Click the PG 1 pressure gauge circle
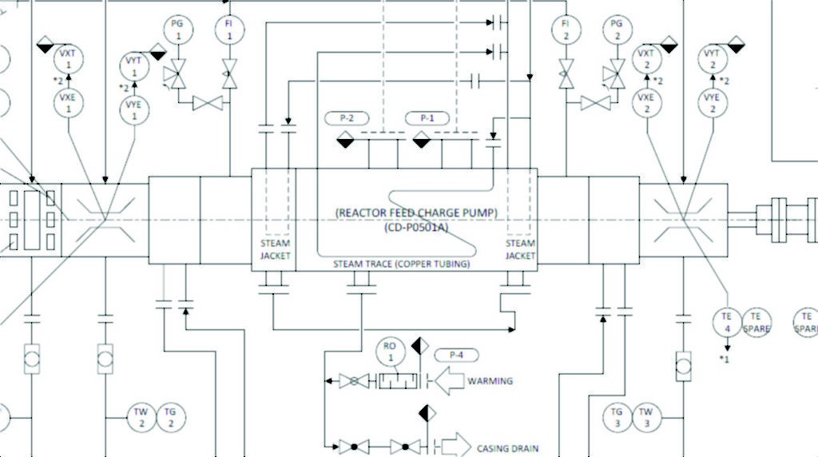click(177, 30)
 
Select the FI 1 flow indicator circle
click(228, 30)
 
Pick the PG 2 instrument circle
click(616, 30)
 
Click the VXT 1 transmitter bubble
click(68, 58)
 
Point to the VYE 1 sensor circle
click(134, 109)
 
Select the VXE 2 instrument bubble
click(646, 103)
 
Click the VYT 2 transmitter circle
click(713, 58)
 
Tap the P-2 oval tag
click(347, 118)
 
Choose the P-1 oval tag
click(427, 118)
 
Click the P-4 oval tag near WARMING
click(456, 355)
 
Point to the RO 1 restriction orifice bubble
click(390, 352)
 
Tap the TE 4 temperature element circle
click(727, 323)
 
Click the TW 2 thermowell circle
click(141, 417)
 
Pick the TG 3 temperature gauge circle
click(617, 417)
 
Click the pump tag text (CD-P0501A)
click(415, 227)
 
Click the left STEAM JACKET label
click(276, 249)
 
